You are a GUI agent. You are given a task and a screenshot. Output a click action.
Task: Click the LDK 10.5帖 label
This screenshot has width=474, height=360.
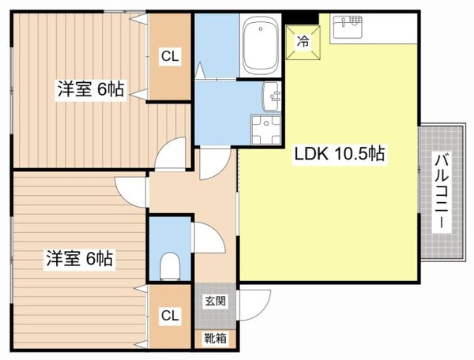point(340,154)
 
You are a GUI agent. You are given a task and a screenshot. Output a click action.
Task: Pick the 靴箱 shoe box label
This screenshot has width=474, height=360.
point(215,339)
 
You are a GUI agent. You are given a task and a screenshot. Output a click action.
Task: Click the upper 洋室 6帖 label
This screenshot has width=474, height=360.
point(89,89)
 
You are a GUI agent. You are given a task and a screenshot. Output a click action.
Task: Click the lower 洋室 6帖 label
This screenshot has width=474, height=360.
point(79,258)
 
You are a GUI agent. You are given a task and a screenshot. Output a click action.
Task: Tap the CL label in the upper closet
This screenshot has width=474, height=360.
point(169,56)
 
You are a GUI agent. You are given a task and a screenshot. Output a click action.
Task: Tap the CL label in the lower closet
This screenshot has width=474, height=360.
point(169,316)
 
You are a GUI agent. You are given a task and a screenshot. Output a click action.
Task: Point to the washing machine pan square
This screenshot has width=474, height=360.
point(265,129)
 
